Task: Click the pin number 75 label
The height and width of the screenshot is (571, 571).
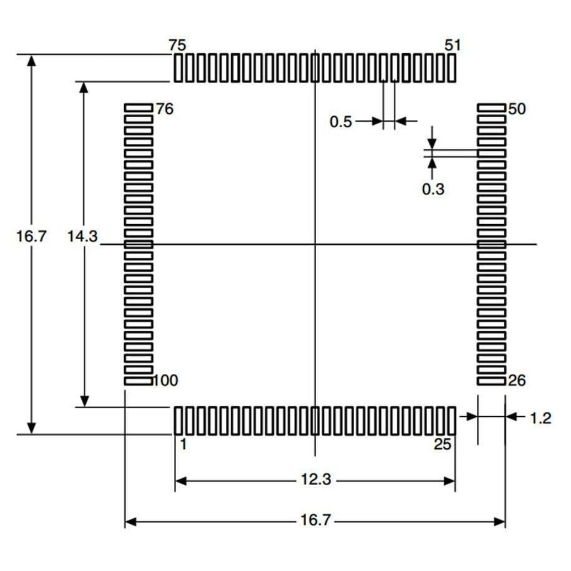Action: (177, 46)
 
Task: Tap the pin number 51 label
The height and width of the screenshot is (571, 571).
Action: (453, 45)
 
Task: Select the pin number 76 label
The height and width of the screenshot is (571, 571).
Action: (164, 109)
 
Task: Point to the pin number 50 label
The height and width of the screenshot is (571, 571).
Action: (517, 109)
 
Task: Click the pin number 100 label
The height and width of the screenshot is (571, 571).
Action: (166, 380)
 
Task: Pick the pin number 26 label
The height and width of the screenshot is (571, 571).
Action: (517, 380)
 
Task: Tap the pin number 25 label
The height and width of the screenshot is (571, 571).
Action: (442, 444)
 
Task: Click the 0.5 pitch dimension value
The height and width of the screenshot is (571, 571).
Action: (341, 122)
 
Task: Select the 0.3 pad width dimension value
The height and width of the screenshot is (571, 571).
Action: (433, 189)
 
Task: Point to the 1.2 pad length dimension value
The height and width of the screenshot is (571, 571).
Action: (540, 418)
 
